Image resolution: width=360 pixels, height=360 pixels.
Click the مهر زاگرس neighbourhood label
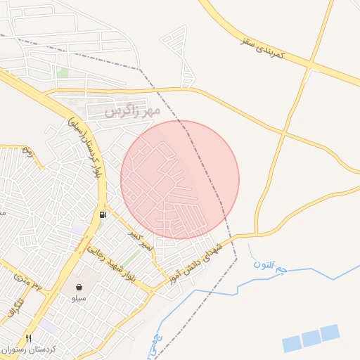133,111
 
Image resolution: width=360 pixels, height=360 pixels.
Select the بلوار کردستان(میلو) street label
86,145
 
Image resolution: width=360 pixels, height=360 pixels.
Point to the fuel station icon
104,214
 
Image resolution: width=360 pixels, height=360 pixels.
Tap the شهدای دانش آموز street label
195,264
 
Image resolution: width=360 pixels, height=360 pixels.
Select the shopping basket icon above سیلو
79,287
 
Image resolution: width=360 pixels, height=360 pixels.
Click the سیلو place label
79,298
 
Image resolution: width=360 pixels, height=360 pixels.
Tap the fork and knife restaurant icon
29,337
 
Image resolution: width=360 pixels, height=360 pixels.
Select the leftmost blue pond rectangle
292,344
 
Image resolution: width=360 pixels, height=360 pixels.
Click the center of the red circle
180,179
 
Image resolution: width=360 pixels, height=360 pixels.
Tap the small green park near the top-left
63,72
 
